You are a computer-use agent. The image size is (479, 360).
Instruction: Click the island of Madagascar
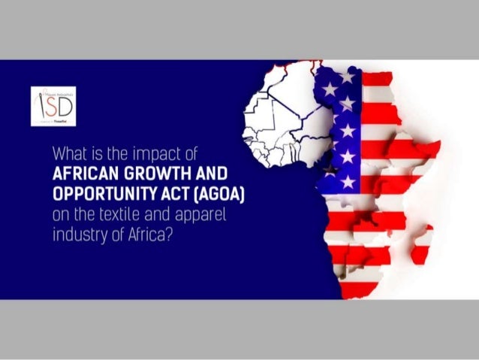coord(421,244)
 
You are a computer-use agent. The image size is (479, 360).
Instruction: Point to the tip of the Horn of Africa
coord(440,144)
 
